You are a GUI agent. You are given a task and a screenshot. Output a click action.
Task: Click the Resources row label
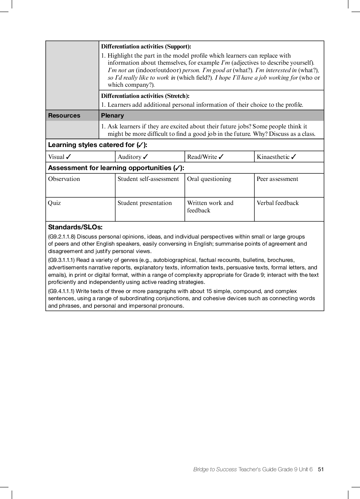click(x=64, y=116)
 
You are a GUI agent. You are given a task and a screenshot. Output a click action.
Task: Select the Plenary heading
click(x=112, y=116)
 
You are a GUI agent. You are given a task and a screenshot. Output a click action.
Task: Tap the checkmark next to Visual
click(x=68, y=157)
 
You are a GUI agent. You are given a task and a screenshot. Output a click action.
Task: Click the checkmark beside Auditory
click(x=145, y=157)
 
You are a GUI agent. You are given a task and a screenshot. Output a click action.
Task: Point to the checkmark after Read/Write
click(x=221, y=157)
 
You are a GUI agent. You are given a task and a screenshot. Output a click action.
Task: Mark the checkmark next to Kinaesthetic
click(x=294, y=157)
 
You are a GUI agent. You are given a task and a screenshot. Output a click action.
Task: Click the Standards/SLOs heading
click(x=75, y=227)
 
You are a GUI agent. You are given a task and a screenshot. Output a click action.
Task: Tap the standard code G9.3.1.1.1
click(x=61, y=260)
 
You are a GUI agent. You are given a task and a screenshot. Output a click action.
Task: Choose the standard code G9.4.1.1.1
click(x=61, y=291)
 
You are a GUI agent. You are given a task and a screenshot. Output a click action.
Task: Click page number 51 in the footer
click(x=321, y=469)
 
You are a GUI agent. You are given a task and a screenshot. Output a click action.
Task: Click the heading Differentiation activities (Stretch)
click(x=145, y=96)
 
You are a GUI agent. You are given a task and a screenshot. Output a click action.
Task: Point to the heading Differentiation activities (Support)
click(x=146, y=46)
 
